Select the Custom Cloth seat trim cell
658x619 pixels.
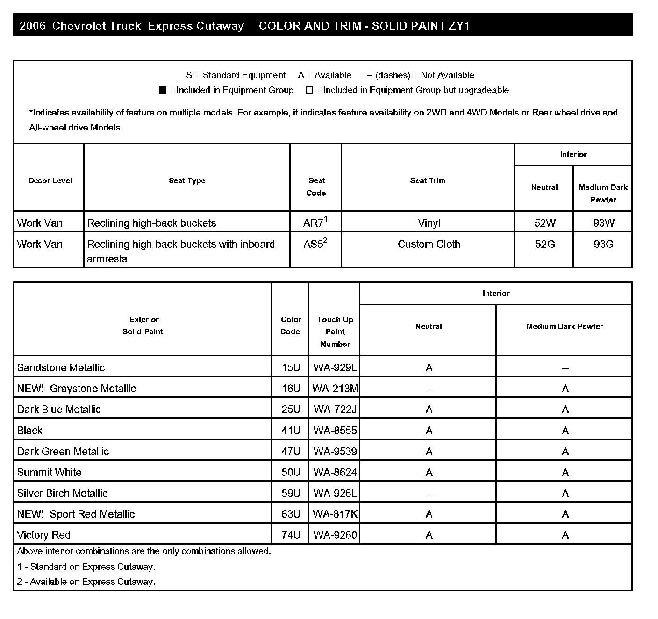(x=429, y=244)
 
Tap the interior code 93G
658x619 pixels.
(x=603, y=244)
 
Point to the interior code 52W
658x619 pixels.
(x=544, y=223)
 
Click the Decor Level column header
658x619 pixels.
(x=50, y=180)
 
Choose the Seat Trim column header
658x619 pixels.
(x=428, y=180)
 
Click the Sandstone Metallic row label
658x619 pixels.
(x=61, y=367)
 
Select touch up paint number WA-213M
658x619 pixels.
(x=335, y=389)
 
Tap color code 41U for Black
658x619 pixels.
(x=290, y=431)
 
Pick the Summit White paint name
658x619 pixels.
(x=49, y=472)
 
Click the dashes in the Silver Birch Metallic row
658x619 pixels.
(x=429, y=493)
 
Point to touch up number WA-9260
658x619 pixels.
(x=335, y=535)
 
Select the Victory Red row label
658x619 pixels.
(x=43, y=535)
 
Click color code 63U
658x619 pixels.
(x=290, y=514)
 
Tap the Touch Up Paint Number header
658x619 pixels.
(x=335, y=331)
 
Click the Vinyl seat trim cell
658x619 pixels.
(x=429, y=223)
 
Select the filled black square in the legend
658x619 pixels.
(x=162, y=90)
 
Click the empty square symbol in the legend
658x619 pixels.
(x=309, y=90)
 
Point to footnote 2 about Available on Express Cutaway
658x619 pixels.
(x=86, y=582)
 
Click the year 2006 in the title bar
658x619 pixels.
(x=33, y=26)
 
